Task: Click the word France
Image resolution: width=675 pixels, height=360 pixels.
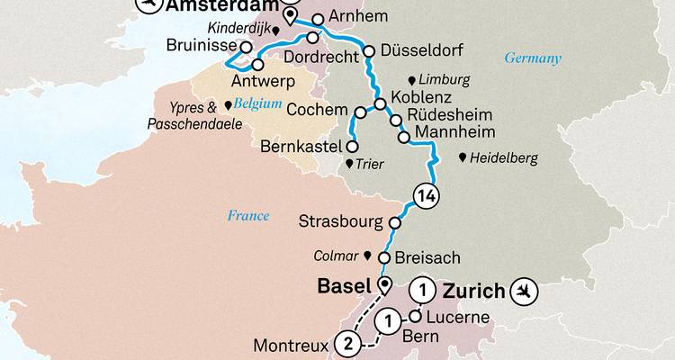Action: pyautogui.click(x=248, y=215)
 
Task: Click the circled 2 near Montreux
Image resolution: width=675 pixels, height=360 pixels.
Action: pyautogui.click(x=346, y=342)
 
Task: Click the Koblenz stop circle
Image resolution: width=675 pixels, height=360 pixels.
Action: pyautogui.click(x=382, y=103)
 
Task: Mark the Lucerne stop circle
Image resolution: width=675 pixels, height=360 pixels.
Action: pyautogui.click(x=417, y=316)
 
